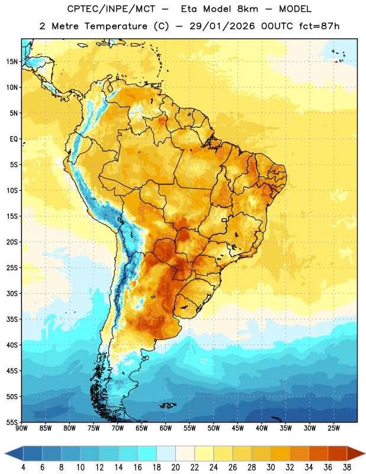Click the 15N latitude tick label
(x=12, y=62)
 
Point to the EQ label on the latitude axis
(x=14, y=139)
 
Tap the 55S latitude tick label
(x=12, y=422)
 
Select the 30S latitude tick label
(x=12, y=293)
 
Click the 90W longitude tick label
(x=21, y=428)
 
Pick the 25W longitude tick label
(x=333, y=428)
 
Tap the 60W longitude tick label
(x=166, y=428)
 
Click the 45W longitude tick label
(x=237, y=428)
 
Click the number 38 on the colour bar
(x=347, y=467)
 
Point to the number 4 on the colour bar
(x=23, y=467)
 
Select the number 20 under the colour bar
(x=175, y=467)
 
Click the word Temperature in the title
(x=115, y=26)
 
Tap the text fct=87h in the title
(x=319, y=26)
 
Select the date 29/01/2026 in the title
(x=222, y=26)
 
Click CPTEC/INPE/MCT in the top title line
(x=111, y=9)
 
